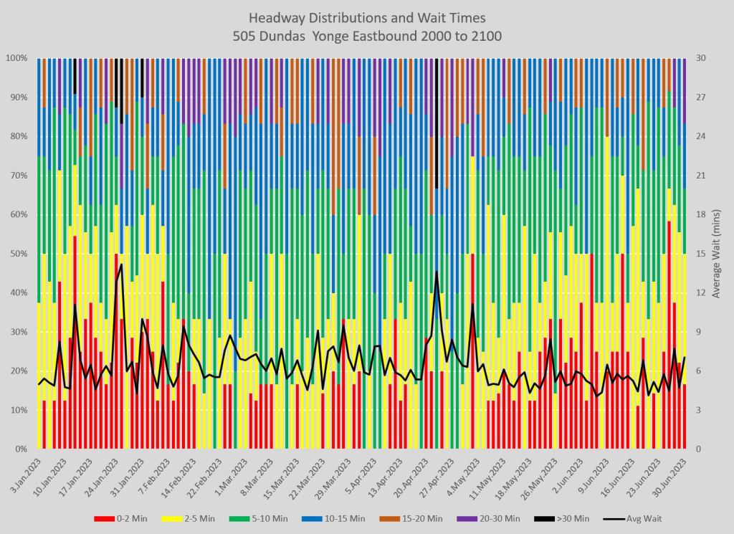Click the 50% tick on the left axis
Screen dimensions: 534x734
tap(17, 254)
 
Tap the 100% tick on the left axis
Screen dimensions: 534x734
tap(15, 58)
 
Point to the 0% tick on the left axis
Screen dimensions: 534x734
tap(19, 449)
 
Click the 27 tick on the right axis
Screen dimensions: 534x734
tap(700, 97)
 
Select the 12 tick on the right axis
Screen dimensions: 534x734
tap(700, 293)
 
